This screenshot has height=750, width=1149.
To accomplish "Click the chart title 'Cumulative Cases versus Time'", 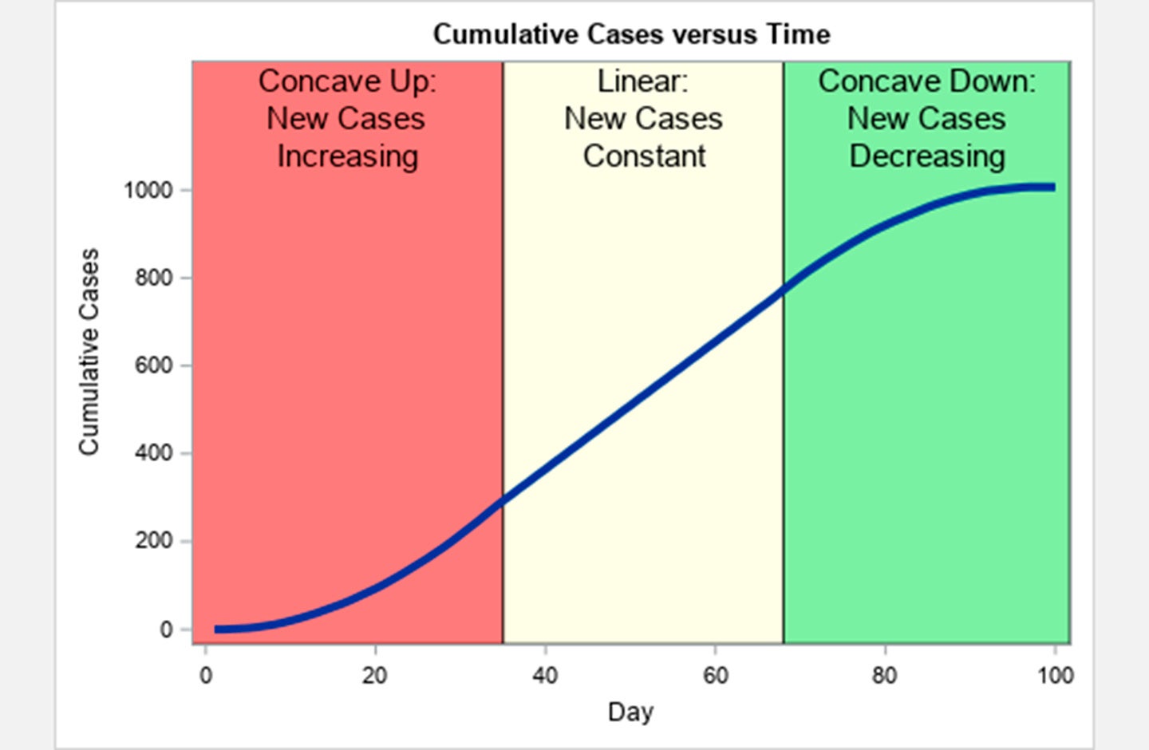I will pos(631,34).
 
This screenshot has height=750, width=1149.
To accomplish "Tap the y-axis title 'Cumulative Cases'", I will pos(89,352).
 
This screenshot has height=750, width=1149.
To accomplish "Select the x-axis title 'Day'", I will pos(630,711).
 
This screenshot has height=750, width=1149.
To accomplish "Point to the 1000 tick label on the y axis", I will pos(148,191).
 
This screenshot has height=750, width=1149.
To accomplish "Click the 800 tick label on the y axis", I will pos(153,278).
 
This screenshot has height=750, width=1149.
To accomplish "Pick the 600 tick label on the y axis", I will pos(153,365).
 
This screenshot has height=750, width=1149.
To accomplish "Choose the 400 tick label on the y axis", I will pos(153,453).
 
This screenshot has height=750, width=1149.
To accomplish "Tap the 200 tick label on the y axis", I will pos(153,541).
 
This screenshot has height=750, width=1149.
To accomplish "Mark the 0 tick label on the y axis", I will pos(166,630).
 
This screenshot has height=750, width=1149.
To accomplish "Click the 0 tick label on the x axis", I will pos(206,676).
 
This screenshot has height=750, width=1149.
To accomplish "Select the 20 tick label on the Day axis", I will pos(374,676).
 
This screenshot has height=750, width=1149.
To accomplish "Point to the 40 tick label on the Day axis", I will pos(545,676).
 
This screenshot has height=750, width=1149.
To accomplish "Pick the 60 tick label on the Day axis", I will pos(715,676).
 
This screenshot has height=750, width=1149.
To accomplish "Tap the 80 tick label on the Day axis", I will pos(884,676).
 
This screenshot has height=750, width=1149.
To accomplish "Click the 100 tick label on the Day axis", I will pos(1055,676).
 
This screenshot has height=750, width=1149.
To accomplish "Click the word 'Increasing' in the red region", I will pos(348,156).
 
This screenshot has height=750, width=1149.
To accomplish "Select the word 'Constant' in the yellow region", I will pos(644,156).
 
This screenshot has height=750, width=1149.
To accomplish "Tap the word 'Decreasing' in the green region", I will pos(926,156).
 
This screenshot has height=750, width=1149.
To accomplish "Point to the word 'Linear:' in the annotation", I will pos(642,81).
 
